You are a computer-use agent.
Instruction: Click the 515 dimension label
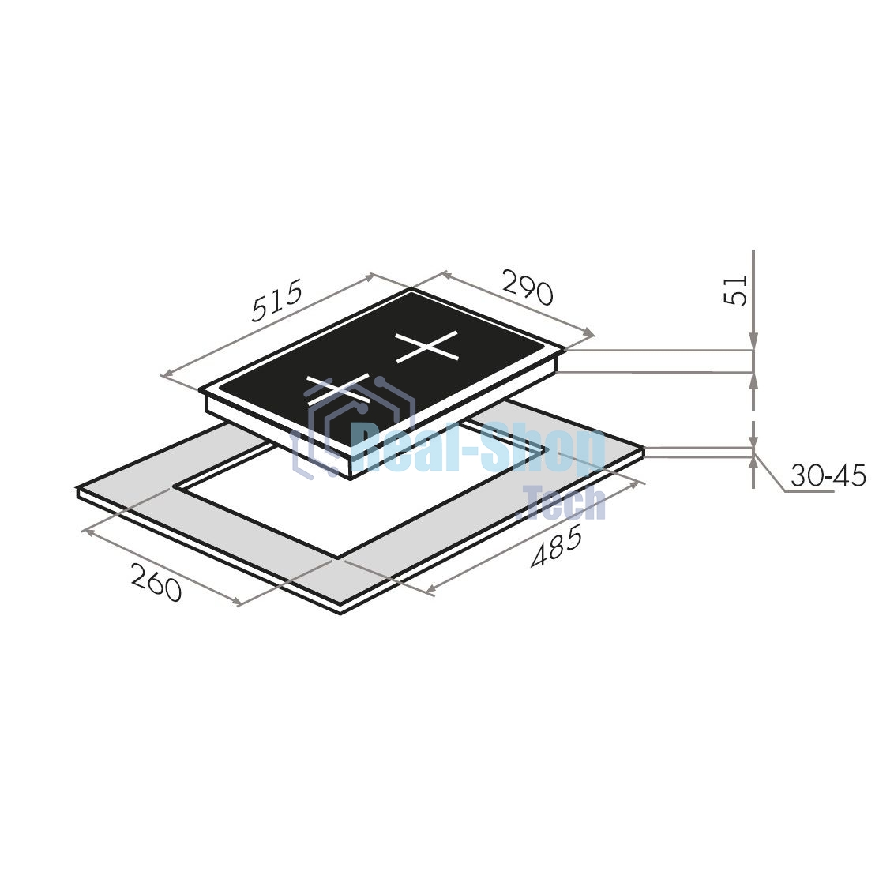pyautogui.click(x=277, y=301)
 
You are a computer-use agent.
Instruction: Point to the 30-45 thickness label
pyautogui.click(x=828, y=475)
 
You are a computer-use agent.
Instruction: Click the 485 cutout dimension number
pyautogui.click(x=557, y=549)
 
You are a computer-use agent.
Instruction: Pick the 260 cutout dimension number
pyautogui.click(x=156, y=582)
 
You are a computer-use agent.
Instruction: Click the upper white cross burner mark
pyautogui.click(x=427, y=346)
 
